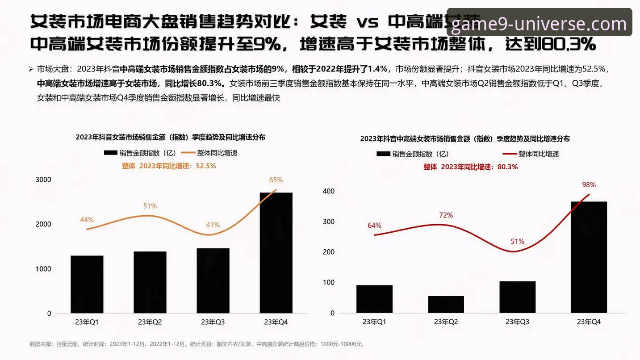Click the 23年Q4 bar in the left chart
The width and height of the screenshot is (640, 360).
(276, 253)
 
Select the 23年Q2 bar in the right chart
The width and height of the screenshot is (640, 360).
(446, 304)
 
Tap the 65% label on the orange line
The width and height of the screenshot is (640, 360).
(276, 180)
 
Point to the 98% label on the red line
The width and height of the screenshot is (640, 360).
(589, 184)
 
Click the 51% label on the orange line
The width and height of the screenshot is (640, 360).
(150, 206)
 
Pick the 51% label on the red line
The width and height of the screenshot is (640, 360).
(517, 241)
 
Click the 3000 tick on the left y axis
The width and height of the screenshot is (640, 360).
(43, 180)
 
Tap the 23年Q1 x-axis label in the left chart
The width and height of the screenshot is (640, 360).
(87, 322)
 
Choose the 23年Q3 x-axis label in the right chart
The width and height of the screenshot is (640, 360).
(517, 322)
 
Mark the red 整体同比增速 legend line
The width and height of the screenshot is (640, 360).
(510, 154)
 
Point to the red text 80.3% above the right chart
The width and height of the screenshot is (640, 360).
(507, 167)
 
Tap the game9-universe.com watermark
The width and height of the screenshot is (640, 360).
(539, 23)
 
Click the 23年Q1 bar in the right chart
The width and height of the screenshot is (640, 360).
(374, 299)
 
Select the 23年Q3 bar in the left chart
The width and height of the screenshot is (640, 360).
(213, 280)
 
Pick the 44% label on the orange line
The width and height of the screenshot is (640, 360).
(87, 219)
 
